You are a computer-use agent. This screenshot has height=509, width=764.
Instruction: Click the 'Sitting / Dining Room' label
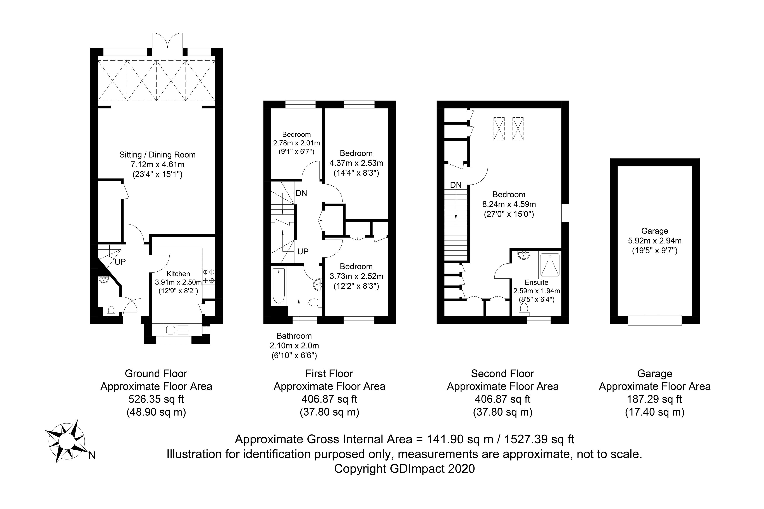157,155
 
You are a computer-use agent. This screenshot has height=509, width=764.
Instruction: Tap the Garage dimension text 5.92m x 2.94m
655,241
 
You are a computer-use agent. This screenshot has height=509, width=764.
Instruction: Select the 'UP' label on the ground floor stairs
120,262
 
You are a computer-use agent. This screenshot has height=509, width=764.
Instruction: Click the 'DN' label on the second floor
456,185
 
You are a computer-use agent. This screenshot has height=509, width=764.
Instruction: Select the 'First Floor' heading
329,374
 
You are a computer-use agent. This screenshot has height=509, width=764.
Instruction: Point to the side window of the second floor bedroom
565,213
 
